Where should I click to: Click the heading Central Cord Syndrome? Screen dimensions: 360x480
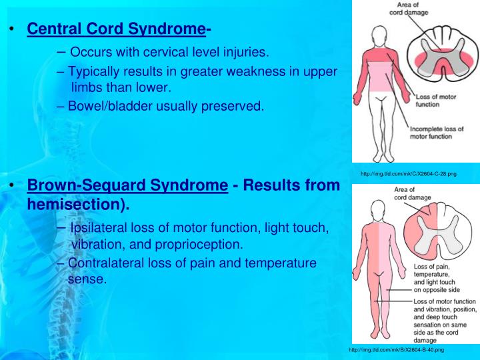tap(115, 29)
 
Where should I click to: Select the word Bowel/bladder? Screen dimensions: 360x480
tap(108, 105)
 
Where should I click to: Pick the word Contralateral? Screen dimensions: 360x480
tap(109, 263)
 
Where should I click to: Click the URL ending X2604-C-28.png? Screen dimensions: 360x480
tap(408, 174)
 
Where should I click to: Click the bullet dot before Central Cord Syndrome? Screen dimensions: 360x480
tap(11, 29)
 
